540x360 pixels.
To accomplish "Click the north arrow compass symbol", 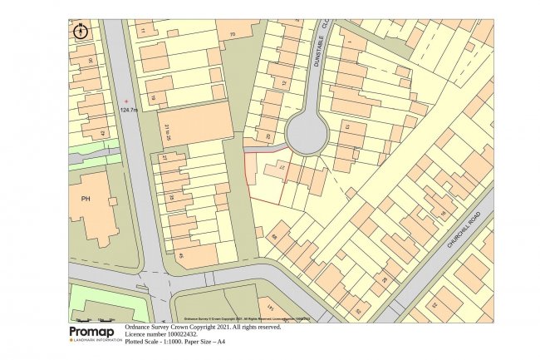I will tap(81, 32).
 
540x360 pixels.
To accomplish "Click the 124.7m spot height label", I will tap(130, 109).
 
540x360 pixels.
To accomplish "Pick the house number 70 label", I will tap(232, 34).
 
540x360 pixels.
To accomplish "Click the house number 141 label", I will tap(268, 311).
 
